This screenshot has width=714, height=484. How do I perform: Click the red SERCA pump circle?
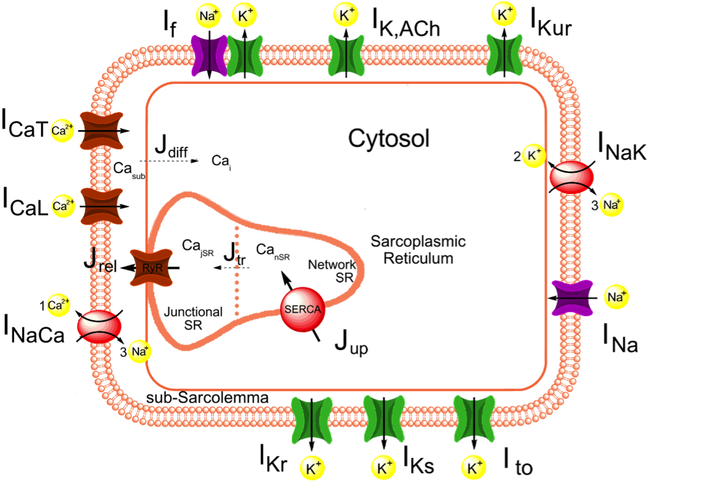point(302,308)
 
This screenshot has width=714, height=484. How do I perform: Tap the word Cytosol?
point(388,139)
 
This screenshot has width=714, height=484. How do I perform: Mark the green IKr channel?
point(311,416)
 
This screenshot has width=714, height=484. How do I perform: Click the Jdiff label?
point(172,148)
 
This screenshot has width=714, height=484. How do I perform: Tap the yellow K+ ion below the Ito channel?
point(473,465)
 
